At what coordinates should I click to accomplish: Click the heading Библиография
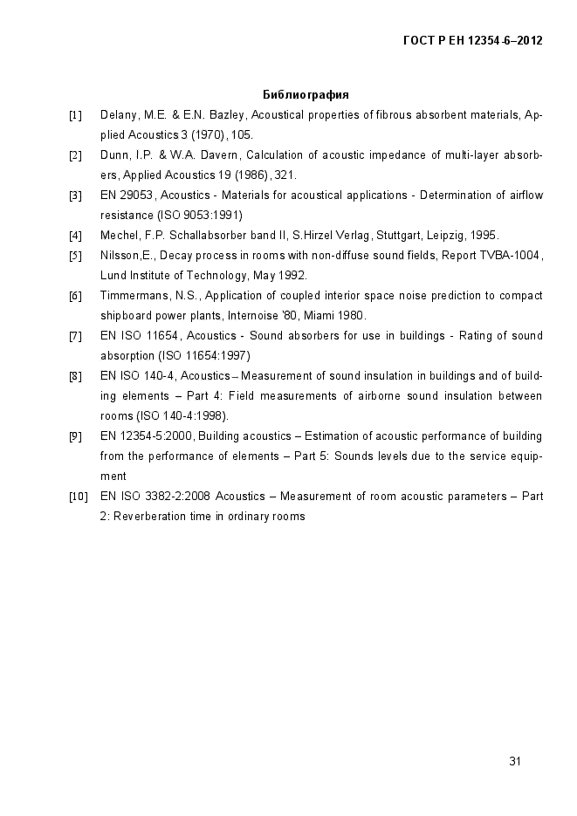coord(306,94)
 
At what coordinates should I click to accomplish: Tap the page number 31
coord(515,761)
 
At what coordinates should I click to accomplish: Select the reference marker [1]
coord(76,115)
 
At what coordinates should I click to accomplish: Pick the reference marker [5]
coord(76,256)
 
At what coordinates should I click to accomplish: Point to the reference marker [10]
coord(78,497)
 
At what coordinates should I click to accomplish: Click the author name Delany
coord(119,115)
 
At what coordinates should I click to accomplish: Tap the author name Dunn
coord(114,155)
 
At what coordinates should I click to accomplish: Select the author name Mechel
coord(120,236)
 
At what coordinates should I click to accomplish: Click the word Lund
coord(113,276)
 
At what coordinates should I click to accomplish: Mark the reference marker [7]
coord(76,336)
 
